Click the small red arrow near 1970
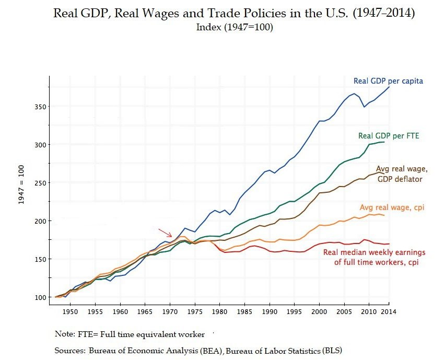click(x=166, y=233)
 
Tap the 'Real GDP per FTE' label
click(x=389, y=136)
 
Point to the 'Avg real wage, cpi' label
click(x=392, y=207)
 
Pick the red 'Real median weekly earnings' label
click(x=371, y=257)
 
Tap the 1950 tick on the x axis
click(x=71, y=311)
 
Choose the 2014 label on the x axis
click(x=388, y=311)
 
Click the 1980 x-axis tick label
click(x=219, y=311)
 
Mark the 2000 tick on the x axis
click(x=319, y=311)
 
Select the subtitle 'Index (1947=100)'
click(x=235, y=27)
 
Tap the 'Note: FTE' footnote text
click(x=73, y=334)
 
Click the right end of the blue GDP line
click(x=389, y=87)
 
